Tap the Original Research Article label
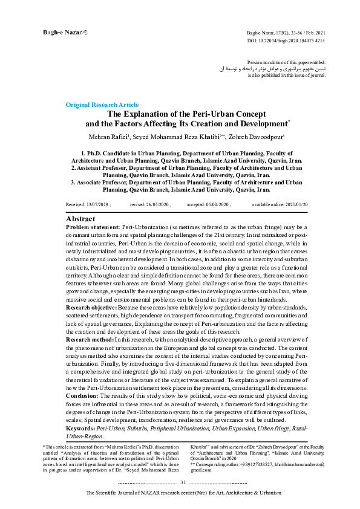pyautogui.click(x=102, y=105)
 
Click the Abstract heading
pyautogui.click(x=80, y=218)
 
